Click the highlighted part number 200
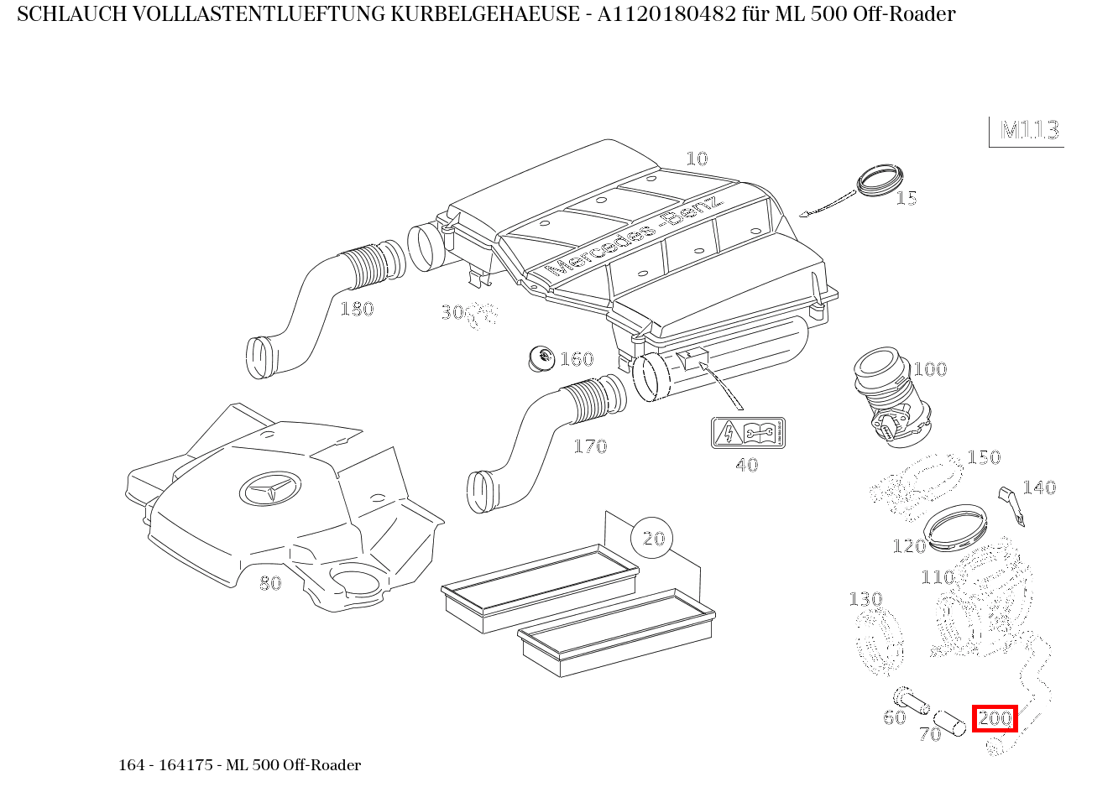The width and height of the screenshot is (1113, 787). (995, 718)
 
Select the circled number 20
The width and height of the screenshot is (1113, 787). (652, 538)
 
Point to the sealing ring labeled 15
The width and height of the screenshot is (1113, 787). (879, 180)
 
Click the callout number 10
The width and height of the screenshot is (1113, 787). (697, 159)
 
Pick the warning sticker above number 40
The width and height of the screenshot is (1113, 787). (747, 433)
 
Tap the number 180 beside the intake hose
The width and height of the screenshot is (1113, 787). (356, 310)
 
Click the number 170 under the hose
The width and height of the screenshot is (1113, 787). (589, 446)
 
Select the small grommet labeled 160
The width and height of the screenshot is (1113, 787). (541, 358)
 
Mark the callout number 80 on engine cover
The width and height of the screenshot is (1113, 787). (270, 583)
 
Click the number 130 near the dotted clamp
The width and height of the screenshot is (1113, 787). (865, 599)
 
